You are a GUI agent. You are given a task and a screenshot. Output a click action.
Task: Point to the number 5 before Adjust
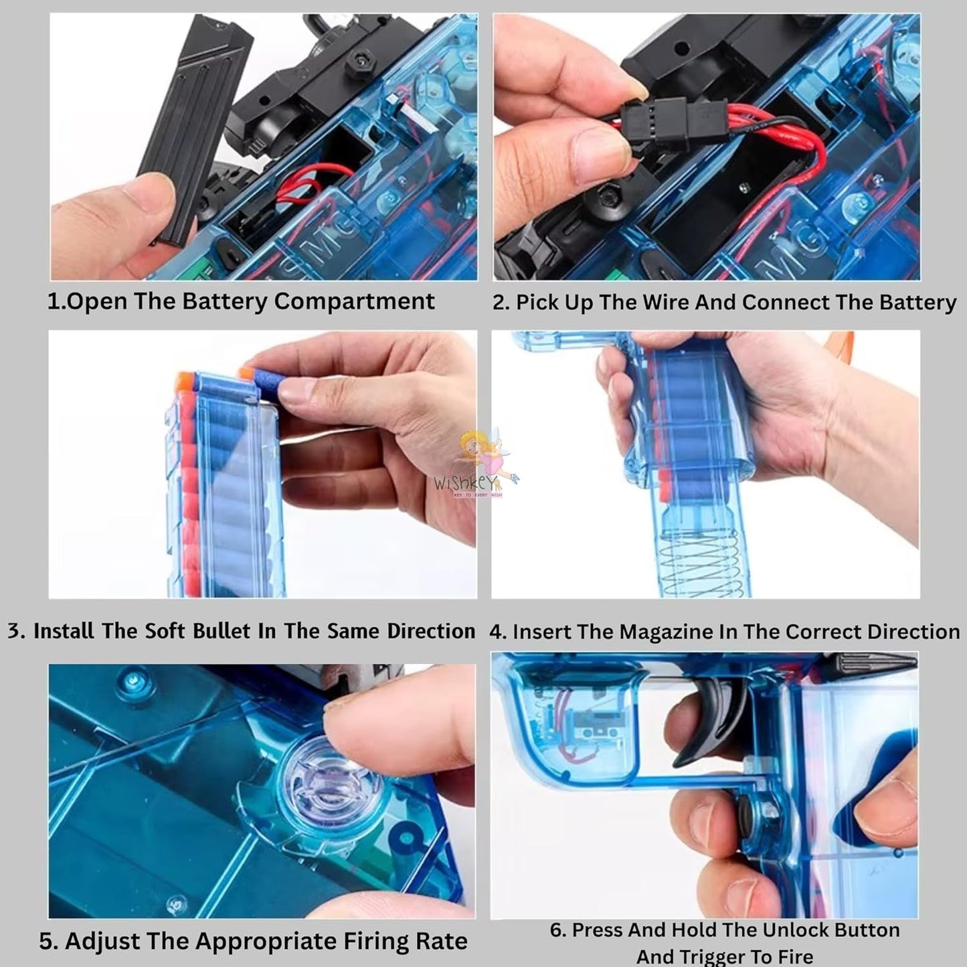coord(46,941)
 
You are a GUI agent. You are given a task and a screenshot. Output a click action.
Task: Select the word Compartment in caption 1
coord(354,302)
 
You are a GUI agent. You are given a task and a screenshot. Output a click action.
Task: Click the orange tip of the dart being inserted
coord(246,372)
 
